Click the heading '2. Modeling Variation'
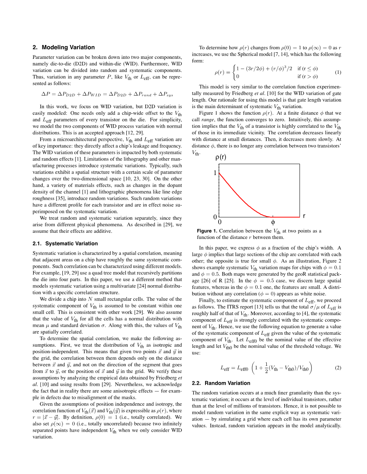tap(64, 47)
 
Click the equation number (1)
tap(338, 72)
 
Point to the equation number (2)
tap(338, 368)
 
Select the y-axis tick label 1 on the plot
tap(215, 173)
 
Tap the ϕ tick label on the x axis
tap(273, 223)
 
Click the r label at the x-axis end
tap(304, 217)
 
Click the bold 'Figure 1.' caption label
tap(207, 231)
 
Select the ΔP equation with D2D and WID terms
tap(107, 94)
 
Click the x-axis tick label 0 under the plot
tap(220, 223)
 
